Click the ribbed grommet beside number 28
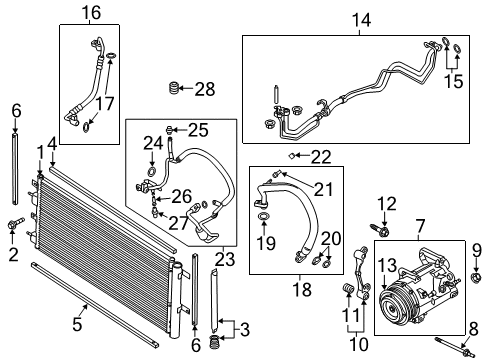(x=176, y=90)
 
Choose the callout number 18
(x=299, y=290)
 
